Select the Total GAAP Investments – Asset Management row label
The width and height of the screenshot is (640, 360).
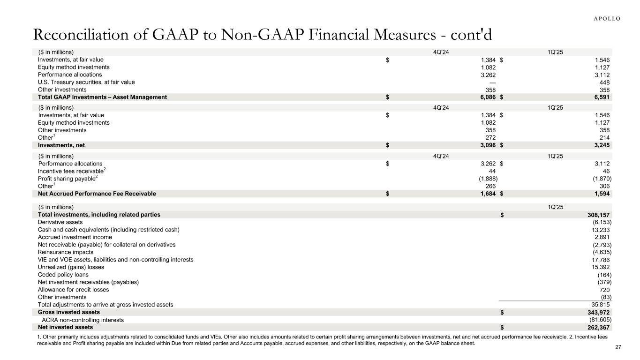102,97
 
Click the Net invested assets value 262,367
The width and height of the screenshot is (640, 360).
599,327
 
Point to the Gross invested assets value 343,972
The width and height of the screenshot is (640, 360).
599,312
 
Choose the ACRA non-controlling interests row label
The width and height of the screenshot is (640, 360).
83,320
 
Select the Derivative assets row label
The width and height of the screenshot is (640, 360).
60,222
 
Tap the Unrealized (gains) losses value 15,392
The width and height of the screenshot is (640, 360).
601,267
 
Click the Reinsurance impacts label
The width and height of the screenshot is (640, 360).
65,252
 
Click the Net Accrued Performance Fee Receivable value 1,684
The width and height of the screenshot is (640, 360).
488,194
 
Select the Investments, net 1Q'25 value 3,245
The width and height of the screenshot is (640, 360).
602,145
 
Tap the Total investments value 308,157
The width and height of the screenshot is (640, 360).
599,215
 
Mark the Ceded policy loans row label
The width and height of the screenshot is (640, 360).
63,274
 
